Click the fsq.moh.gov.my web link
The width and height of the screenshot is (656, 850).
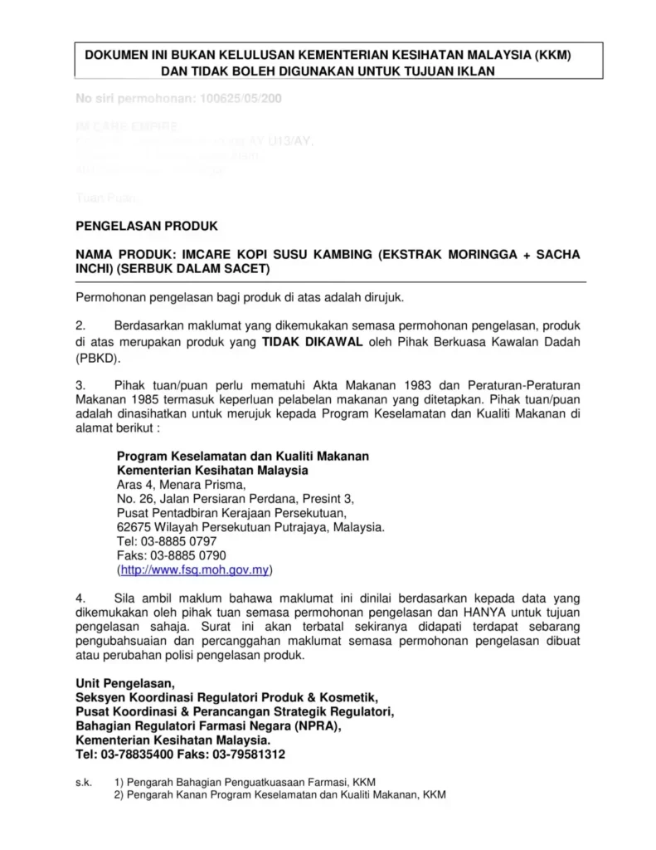tap(197, 570)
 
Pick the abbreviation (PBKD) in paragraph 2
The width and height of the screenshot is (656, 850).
tap(98, 359)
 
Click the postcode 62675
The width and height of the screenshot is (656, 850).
tap(133, 527)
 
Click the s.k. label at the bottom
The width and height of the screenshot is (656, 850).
tap(83, 782)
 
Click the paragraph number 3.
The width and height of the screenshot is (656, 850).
tap(80, 386)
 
